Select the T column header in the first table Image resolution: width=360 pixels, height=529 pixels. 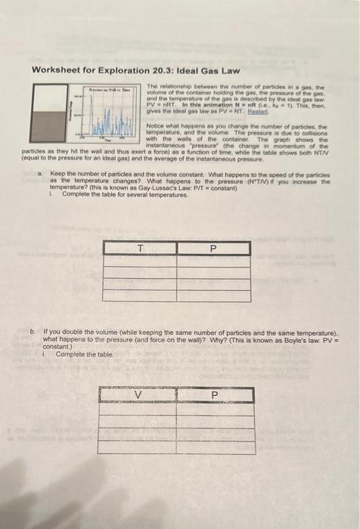(140, 247)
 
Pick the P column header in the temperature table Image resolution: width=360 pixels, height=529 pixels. (213, 247)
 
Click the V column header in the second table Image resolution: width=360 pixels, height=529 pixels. (138, 394)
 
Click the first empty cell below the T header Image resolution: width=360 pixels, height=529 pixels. (140, 260)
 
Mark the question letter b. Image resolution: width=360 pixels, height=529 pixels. (32, 331)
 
